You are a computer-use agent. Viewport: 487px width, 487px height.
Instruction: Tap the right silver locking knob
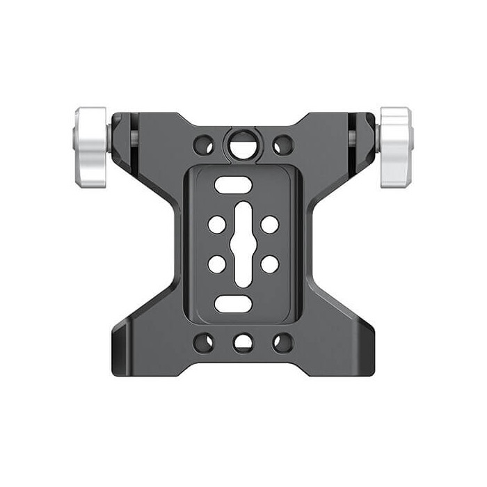coord(397,147)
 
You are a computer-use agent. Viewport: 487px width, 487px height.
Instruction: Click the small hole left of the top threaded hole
coord(204,145)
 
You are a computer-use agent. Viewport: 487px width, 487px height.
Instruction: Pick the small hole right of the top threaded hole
coord(282,145)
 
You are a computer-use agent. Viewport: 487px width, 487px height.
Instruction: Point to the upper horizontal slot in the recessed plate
coord(229,185)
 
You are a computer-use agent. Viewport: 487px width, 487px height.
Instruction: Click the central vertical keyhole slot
coord(243,244)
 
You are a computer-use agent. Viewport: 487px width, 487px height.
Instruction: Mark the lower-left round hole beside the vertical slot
coord(217,264)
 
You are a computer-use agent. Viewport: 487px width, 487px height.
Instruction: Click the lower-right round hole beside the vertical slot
coord(269,264)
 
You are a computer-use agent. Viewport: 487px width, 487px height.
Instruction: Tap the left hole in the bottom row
coord(204,342)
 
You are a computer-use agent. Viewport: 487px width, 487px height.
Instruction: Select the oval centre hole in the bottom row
coord(243,342)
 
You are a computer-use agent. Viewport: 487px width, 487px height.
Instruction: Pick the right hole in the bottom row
coord(282,342)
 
